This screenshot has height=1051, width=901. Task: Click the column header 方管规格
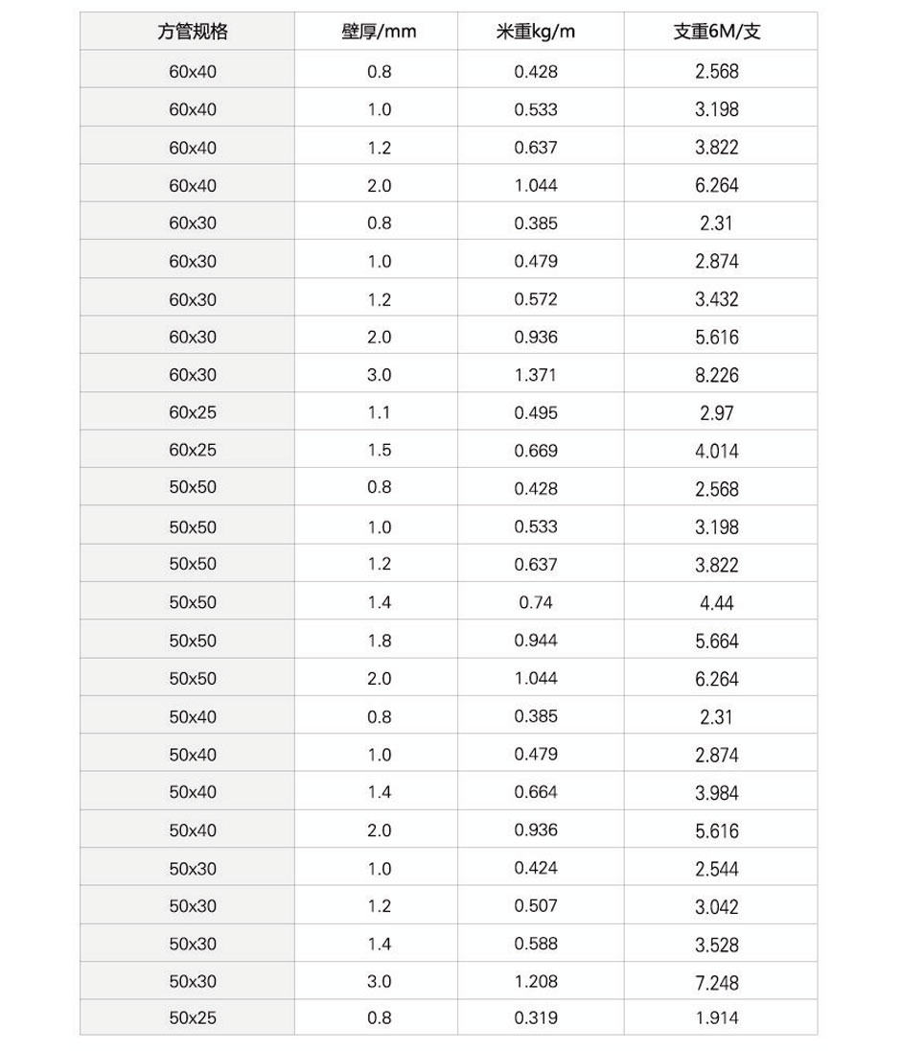193,32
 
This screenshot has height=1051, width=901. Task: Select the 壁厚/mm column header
379,32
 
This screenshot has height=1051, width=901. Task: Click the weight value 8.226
717,376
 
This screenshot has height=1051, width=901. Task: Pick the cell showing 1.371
535,375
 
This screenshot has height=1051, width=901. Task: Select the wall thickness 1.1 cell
379,412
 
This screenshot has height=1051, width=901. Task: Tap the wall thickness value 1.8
379,641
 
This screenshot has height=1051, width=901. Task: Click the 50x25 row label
193,1018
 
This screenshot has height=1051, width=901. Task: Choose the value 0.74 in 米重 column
535,602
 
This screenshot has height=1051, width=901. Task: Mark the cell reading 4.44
717,603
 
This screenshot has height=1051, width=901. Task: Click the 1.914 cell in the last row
717,1019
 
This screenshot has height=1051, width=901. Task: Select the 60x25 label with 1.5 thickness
193,450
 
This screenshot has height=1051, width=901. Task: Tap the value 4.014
717,451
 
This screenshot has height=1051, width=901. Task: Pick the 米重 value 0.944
535,641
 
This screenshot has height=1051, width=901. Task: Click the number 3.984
717,793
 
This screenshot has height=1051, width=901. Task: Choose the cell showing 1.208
535,982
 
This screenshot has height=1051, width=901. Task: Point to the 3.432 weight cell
717,300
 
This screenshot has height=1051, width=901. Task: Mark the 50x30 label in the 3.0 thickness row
193,982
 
